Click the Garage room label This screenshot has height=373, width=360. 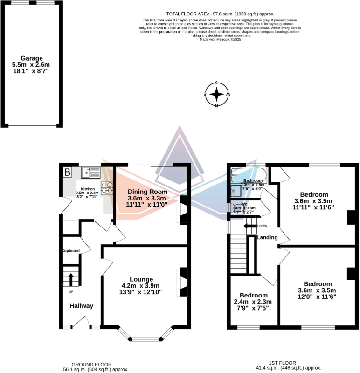pyautogui.click(x=31, y=58)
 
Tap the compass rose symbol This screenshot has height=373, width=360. pyautogui.click(x=217, y=94)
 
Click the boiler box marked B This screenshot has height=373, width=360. pyautogui.click(x=68, y=173)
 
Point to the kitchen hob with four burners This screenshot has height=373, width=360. pyautogui.click(x=107, y=187)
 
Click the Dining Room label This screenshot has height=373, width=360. pyautogui.click(x=147, y=192)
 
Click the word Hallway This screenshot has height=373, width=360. pyautogui.click(x=82, y=306)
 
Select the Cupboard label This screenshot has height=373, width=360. pyautogui.click(x=71, y=251)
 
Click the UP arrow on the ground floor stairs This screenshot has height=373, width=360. pyautogui.click(x=71, y=280)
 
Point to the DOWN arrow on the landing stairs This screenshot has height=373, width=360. pyautogui.click(x=250, y=226)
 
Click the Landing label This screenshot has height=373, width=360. pyautogui.click(x=267, y=238)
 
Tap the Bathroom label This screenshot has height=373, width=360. pyautogui.click(x=252, y=180)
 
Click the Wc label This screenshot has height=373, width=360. pyautogui.click(x=244, y=204)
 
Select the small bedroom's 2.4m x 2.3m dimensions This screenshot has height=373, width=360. pyautogui.click(x=253, y=302)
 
